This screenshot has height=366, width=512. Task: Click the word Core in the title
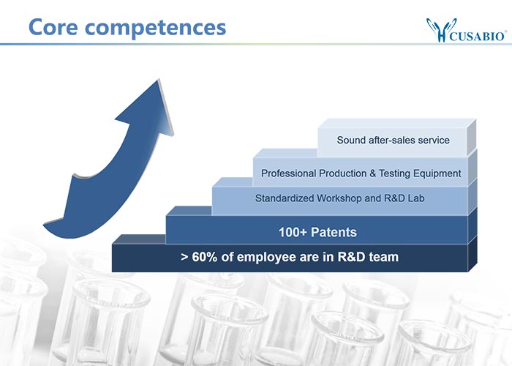(53, 27)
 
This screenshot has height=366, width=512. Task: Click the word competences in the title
(155, 29)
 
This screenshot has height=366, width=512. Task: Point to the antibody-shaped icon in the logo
(441, 30)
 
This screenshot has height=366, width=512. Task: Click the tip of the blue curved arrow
(159, 79)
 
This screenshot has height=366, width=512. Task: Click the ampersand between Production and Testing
(372, 173)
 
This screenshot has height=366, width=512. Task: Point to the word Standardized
(285, 198)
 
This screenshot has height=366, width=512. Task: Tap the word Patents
(334, 232)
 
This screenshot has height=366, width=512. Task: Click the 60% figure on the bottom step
(205, 257)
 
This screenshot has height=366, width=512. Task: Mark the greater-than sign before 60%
(184, 257)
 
